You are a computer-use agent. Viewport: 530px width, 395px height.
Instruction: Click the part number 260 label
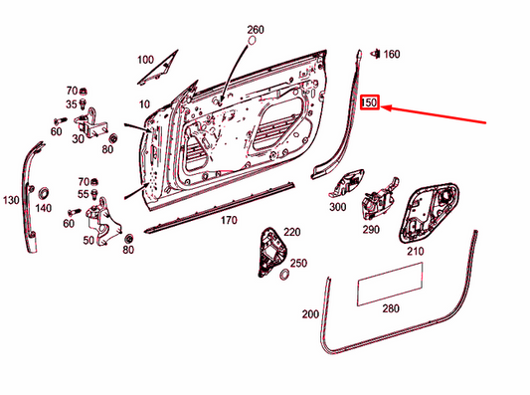(256, 30)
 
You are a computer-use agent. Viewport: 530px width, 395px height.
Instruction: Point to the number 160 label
(392, 53)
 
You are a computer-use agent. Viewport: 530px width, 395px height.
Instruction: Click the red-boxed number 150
(370, 102)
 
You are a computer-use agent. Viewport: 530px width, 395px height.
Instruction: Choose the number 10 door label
(143, 104)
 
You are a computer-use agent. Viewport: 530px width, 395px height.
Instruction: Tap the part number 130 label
(11, 201)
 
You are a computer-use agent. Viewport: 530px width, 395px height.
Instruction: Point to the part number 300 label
(337, 208)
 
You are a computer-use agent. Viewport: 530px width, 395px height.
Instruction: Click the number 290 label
(371, 229)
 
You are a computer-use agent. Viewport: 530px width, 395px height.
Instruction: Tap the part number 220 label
(291, 231)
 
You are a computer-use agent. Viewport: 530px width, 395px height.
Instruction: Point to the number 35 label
(72, 103)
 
